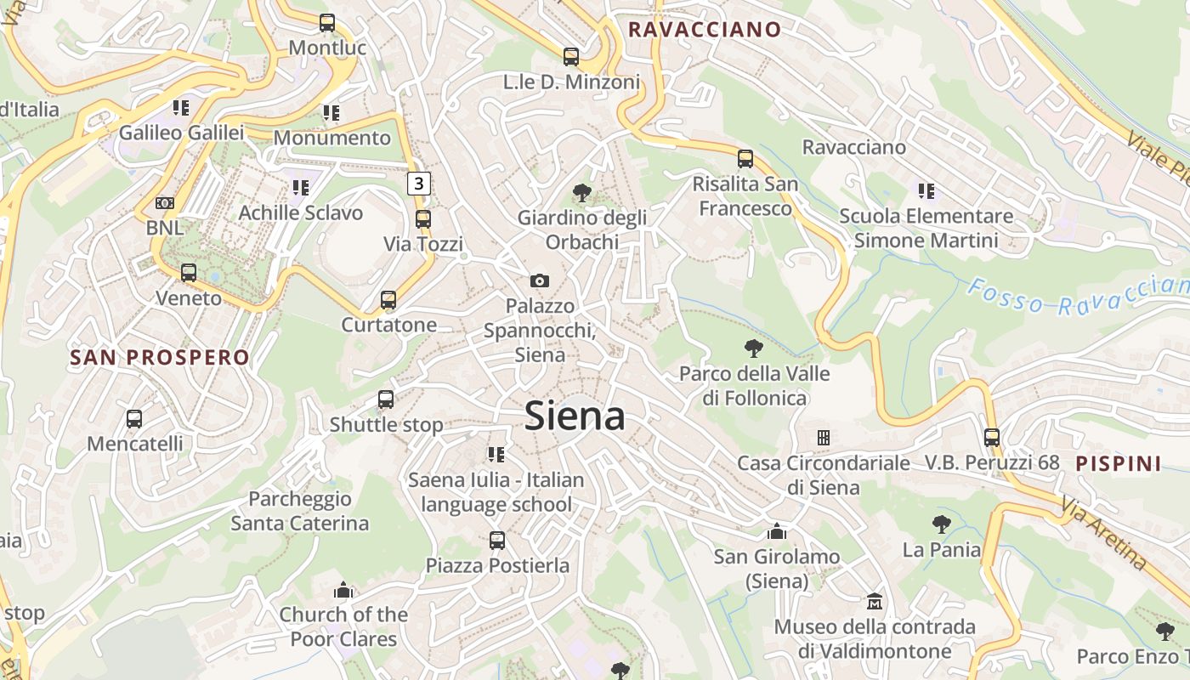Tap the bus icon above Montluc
(327, 23)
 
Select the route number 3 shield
(418, 183)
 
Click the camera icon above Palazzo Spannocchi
(540, 280)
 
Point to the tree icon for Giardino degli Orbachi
(582, 193)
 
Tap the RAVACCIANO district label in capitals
(704, 30)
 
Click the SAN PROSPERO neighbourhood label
(160, 358)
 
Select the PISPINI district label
(1119, 464)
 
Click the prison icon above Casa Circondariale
(823, 438)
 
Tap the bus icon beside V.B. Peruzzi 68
(992, 438)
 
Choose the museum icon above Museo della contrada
(874, 602)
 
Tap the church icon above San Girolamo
(776, 532)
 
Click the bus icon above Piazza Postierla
(497, 540)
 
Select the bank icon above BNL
(165, 203)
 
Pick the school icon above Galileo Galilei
(180, 108)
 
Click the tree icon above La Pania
(941, 524)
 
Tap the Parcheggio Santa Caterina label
(300, 511)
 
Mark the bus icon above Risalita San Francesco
(745, 159)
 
